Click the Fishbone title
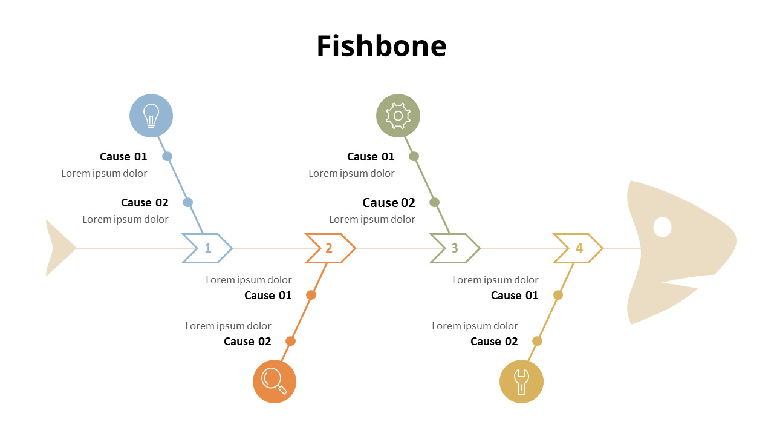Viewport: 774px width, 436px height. click(x=382, y=46)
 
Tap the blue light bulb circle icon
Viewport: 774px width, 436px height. click(x=151, y=116)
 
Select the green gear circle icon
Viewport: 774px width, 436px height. click(x=398, y=116)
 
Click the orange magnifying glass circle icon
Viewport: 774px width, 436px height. click(x=275, y=381)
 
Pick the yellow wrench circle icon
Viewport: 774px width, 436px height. click(x=521, y=381)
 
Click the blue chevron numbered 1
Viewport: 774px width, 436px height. click(x=207, y=248)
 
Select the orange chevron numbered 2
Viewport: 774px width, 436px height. click(x=330, y=248)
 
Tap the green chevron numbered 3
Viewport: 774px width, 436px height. click(x=455, y=248)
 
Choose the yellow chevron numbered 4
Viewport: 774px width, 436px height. click(x=579, y=248)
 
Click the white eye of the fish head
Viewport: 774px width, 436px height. click(x=663, y=227)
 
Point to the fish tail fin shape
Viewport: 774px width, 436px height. click(x=57, y=248)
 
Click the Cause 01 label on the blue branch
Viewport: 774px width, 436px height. click(x=123, y=157)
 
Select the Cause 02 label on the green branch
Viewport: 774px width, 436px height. click(x=389, y=203)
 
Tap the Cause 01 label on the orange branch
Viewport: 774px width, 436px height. click(x=268, y=296)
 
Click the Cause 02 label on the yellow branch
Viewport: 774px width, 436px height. click(x=494, y=342)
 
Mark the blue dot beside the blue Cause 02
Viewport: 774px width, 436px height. click(x=187, y=202)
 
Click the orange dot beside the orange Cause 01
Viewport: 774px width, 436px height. click(x=311, y=295)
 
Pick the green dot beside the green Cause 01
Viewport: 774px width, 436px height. click(x=414, y=156)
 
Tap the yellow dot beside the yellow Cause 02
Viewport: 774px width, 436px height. click(x=537, y=341)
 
